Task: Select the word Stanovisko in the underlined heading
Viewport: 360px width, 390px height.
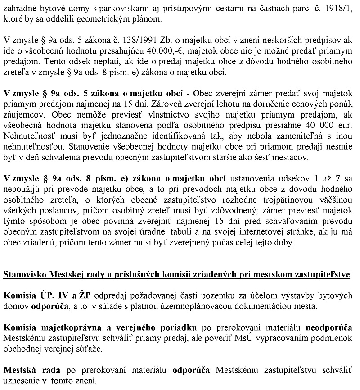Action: [x=23, y=274]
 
